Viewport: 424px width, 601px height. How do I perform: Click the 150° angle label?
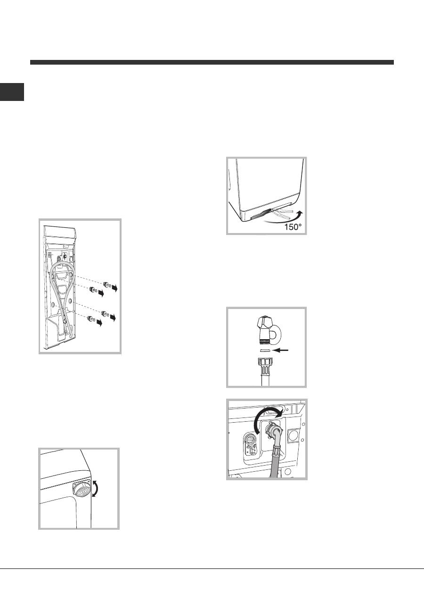pyautogui.click(x=293, y=227)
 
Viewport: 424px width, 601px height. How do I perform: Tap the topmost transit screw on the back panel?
pyautogui.click(x=106, y=284)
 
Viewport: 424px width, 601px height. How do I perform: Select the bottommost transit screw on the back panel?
pyautogui.click(x=92, y=319)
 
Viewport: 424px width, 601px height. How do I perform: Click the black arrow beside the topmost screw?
pyautogui.click(x=114, y=288)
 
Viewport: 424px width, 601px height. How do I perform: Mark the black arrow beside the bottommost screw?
pyautogui.click(x=99, y=323)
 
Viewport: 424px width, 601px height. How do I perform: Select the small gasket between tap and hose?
pyautogui.click(x=264, y=350)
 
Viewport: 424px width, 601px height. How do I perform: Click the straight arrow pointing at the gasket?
pyautogui.click(x=280, y=350)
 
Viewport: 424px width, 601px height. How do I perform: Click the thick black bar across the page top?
pyautogui.click(x=212, y=62)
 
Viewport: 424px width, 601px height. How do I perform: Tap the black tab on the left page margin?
pyautogui.click(x=12, y=92)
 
